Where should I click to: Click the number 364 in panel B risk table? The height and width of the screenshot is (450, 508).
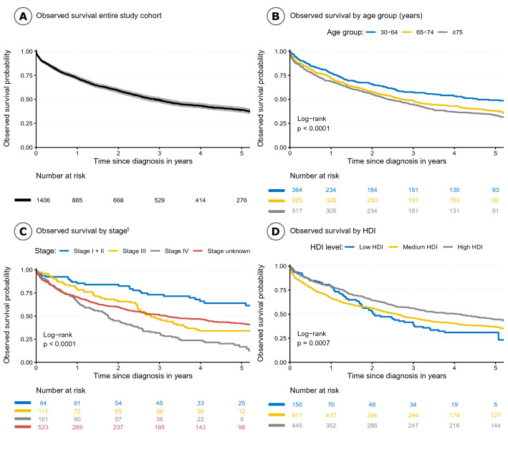pyautogui.click(x=299, y=189)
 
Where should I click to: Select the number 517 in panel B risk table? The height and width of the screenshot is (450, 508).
pyautogui.click(x=299, y=211)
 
